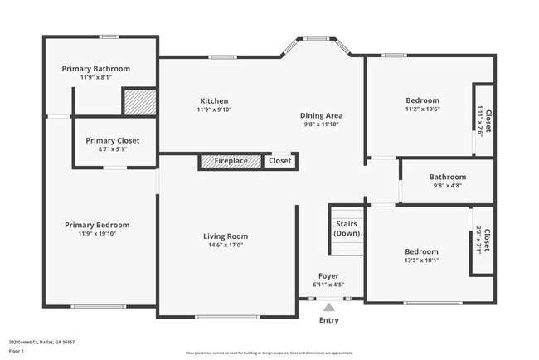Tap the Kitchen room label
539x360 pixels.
pyautogui.click(x=214, y=100)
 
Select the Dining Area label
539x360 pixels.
pyautogui.click(x=323, y=115)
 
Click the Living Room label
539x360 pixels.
pyautogui.click(x=226, y=236)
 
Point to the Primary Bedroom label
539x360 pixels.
pyautogui.click(x=98, y=225)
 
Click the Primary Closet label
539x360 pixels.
pyautogui.click(x=113, y=140)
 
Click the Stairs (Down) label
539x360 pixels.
pyautogui.click(x=347, y=229)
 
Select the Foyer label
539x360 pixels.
pyautogui.click(x=329, y=275)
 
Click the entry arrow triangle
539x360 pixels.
pyautogui.click(x=329, y=307)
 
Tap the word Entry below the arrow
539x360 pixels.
pyautogui.click(x=329, y=320)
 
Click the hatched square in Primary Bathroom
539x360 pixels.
pyautogui.click(x=139, y=102)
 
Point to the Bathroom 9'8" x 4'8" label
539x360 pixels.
pyautogui.click(x=447, y=177)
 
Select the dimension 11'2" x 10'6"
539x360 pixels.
pyautogui.click(x=422, y=109)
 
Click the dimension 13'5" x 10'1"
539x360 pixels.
pyautogui.click(x=422, y=260)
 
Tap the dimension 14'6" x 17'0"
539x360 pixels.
pyautogui.click(x=226, y=246)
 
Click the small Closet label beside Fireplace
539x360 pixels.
pyautogui.click(x=280, y=161)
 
